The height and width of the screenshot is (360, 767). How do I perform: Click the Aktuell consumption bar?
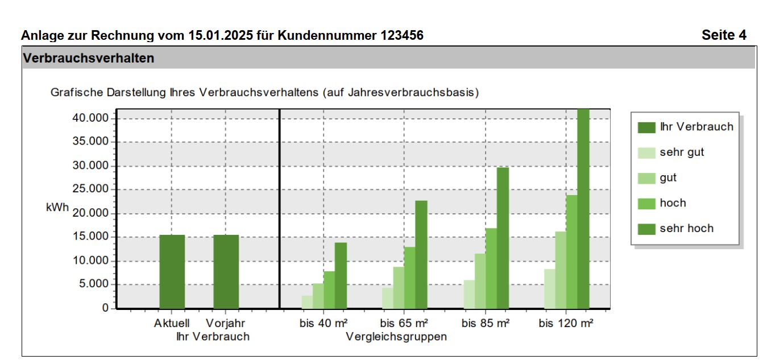tap(172, 271)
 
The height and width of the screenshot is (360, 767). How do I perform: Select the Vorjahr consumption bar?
tap(226, 271)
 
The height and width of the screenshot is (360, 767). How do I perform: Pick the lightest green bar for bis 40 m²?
tap(307, 302)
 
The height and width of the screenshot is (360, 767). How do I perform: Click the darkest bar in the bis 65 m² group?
tap(421, 254)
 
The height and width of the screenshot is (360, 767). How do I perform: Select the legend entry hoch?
tap(673, 203)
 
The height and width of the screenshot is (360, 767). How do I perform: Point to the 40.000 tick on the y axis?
tap(91, 118)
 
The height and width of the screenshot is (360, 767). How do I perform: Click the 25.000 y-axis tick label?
tap(91, 189)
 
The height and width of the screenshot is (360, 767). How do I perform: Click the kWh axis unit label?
tap(57, 208)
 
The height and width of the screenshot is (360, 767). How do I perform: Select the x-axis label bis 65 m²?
tap(404, 324)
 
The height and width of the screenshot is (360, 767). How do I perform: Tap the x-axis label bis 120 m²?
tap(566, 324)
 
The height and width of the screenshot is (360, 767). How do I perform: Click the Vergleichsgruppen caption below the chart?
tap(396, 337)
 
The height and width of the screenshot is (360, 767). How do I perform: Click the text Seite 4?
tap(724, 35)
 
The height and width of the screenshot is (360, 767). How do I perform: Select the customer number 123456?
tap(401, 35)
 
